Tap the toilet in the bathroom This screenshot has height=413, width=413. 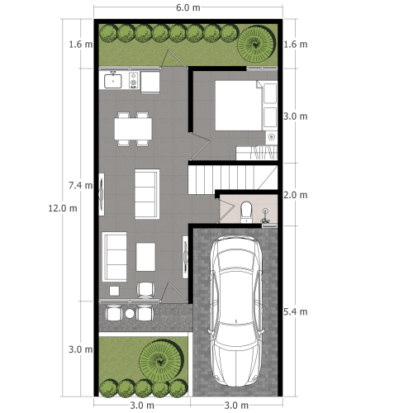(245, 212)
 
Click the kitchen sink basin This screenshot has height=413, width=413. (113, 81)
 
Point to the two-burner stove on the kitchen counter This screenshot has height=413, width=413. (133, 81)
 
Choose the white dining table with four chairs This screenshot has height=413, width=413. (134, 129)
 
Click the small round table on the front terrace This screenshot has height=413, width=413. (129, 313)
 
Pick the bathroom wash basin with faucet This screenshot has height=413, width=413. (265, 212)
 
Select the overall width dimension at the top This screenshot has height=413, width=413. (188, 7)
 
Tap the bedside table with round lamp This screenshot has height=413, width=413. (271, 135)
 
